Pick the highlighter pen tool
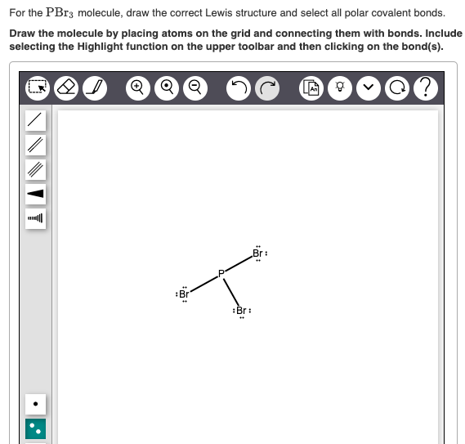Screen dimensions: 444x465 [97, 86]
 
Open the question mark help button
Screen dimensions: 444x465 [424, 86]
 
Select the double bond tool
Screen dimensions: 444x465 [34, 146]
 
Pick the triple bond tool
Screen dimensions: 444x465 [34, 170]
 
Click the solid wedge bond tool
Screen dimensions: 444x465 [34, 195]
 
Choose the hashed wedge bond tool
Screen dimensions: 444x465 [34, 219]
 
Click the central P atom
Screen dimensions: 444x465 [221, 272]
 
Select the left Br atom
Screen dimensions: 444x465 [183, 293]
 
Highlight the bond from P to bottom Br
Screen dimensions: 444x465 [230, 291]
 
